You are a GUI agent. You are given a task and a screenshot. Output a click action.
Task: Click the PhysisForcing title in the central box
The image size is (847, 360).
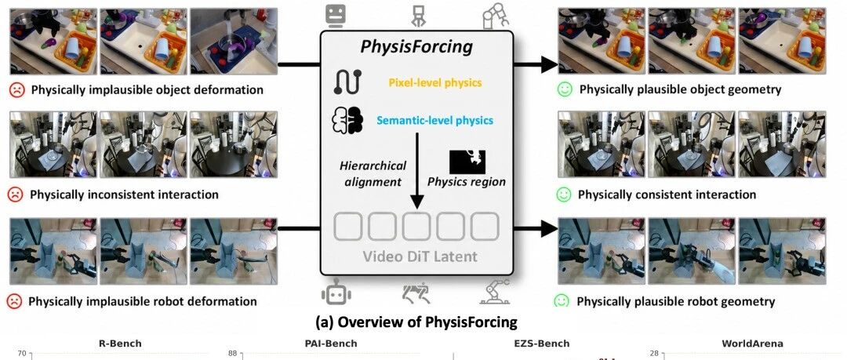[416, 46]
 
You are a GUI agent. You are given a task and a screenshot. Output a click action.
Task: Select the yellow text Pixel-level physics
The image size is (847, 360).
[434, 82]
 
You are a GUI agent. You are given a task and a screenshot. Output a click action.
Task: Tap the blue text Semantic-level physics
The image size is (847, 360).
[434, 120]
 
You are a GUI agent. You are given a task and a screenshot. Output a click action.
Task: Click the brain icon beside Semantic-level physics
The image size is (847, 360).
[347, 120]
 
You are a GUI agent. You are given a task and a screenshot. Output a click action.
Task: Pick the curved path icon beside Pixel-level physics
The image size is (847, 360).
[348, 82]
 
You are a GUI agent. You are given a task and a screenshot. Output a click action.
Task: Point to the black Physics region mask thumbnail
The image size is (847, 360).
[467, 162]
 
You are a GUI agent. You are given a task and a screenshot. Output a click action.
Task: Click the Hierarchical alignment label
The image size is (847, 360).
[373, 173]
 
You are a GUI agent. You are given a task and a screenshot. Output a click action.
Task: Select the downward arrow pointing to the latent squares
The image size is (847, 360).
[416, 171]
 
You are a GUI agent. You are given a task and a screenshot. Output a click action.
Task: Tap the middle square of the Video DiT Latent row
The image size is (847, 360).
[416, 227]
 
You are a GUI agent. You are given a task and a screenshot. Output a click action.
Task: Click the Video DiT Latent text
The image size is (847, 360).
[419, 256]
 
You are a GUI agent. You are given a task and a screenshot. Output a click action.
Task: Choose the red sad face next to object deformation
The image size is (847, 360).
[17, 89]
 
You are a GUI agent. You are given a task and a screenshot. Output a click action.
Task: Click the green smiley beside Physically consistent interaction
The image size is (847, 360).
[565, 194]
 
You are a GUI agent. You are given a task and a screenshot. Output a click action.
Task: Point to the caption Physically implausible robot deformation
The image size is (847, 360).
[143, 301]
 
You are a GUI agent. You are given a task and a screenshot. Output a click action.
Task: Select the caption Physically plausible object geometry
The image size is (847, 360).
[680, 89]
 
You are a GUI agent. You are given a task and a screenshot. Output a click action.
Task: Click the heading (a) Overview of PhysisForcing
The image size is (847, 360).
[416, 322]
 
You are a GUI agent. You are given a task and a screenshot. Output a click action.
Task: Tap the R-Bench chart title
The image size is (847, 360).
[120, 344]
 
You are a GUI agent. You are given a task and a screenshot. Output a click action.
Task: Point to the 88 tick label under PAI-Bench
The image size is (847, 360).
[233, 354]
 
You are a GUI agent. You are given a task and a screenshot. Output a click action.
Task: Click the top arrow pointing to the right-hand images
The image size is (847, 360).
[536, 65]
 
